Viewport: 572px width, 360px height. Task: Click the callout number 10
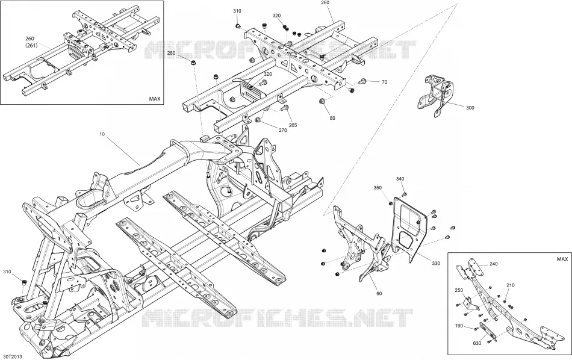(x=102, y=134)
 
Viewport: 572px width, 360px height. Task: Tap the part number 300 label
(x=470, y=108)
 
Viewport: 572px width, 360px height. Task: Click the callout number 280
(x=172, y=53)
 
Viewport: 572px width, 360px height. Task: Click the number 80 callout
(x=332, y=118)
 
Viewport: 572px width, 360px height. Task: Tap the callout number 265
(x=293, y=125)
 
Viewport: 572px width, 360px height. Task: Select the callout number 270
(x=283, y=130)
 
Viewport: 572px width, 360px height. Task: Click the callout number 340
(x=400, y=179)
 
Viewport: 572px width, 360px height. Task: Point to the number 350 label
(x=378, y=188)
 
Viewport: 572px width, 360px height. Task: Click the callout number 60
(x=379, y=293)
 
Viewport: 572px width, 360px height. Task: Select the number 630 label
(x=477, y=343)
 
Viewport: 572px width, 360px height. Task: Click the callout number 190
(x=459, y=326)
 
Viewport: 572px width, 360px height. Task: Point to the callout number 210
(x=511, y=285)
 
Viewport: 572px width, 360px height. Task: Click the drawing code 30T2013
(x=13, y=356)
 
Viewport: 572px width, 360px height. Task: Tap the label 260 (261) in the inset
(x=31, y=42)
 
